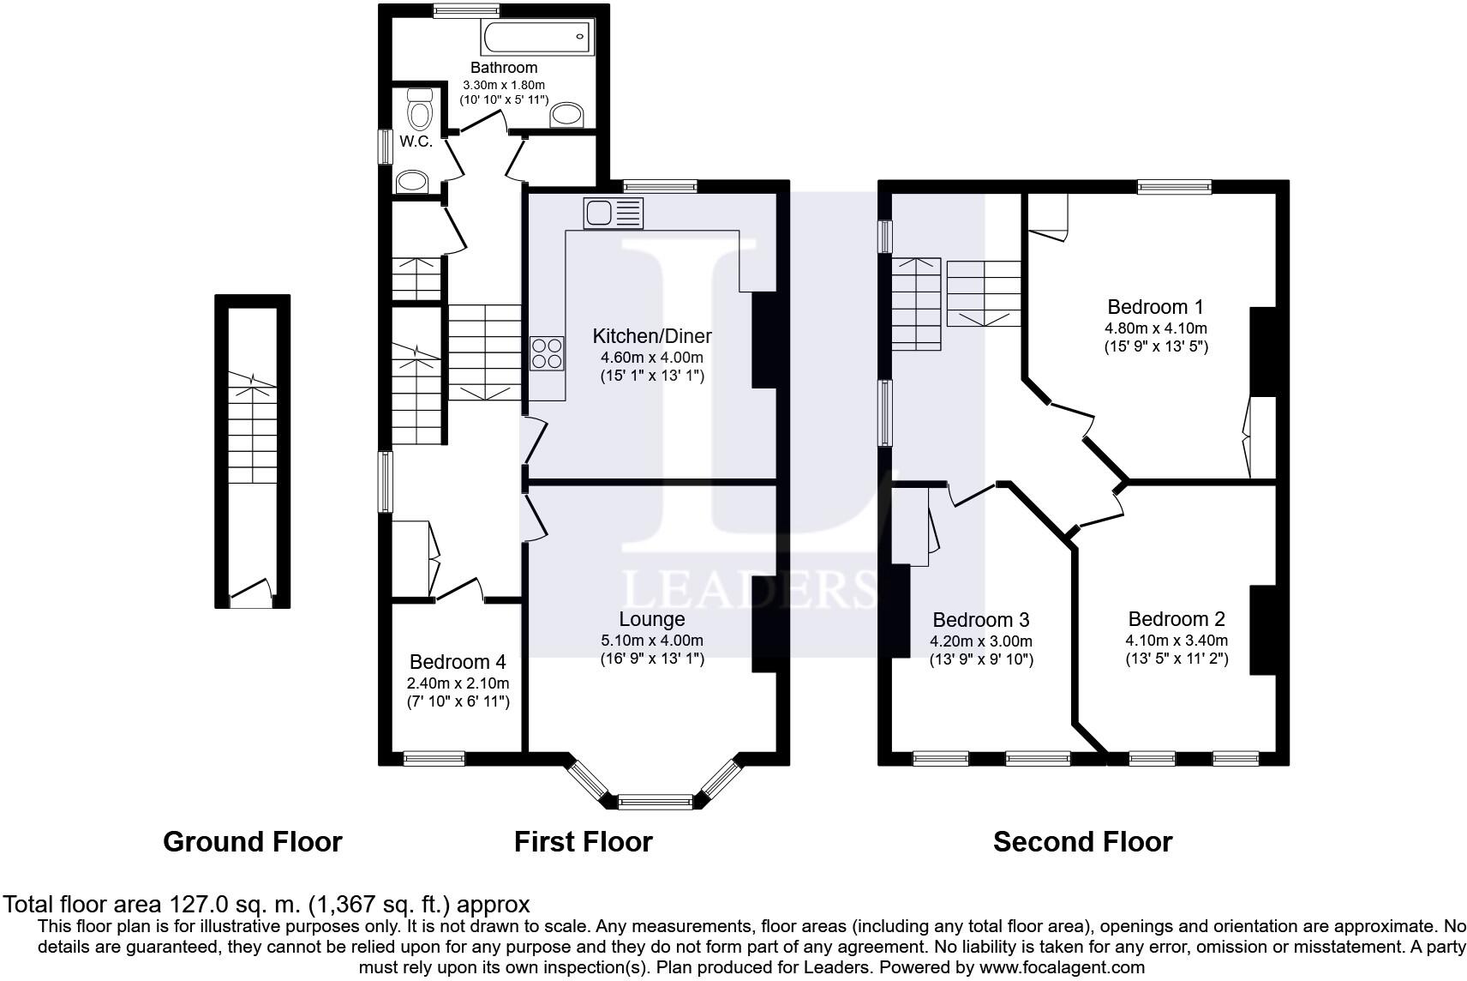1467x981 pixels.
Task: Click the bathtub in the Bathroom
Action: tap(538, 38)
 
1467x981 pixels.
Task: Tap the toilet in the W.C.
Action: tap(419, 110)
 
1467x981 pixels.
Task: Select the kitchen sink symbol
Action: tap(613, 213)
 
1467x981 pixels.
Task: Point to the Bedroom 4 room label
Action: tap(458, 662)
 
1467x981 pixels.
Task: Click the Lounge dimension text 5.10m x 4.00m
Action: tap(651, 641)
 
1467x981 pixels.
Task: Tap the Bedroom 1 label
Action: tap(1155, 307)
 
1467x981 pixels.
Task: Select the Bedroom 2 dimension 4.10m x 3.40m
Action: tap(1176, 641)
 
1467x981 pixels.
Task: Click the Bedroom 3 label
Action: tap(980, 620)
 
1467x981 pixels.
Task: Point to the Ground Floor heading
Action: tap(252, 842)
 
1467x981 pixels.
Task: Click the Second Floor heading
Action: tap(1081, 842)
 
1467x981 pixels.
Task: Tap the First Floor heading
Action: tap(583, 842)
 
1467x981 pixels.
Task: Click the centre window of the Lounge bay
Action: tap(655, 803)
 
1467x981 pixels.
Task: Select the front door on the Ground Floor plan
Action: tap(252, 593)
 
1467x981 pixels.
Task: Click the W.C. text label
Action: tap(416, 141)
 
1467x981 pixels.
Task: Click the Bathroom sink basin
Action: tap(566, 115)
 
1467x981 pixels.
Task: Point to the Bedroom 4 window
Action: tap(434, 758)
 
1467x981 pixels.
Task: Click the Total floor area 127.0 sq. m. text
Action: tap(266, 904)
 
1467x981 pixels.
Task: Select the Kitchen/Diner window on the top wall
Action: tap(660, 185)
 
